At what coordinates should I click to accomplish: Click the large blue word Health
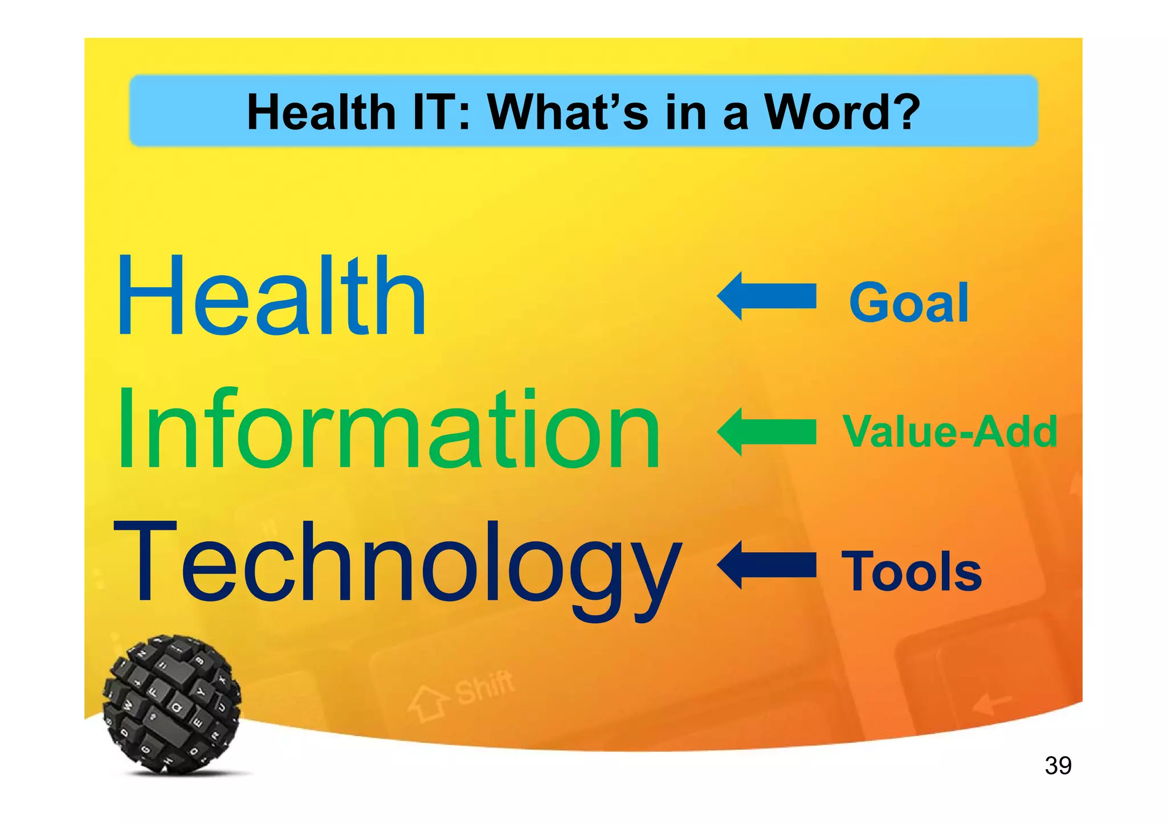pos(271,297)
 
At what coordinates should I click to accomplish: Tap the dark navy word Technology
pos(397,564)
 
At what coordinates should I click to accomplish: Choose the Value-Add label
pos(950,431)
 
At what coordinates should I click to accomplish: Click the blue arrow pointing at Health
pos(766,296)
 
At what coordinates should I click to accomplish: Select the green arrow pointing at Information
pos(766,431)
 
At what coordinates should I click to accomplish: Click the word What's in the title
pos(568,112)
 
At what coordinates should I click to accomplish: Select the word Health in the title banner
pos(321,112)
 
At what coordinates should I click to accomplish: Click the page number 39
pos(1058,765)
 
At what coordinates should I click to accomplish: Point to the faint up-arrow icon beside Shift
pos(427,704)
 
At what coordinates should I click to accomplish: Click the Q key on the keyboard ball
pos(176,708)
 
